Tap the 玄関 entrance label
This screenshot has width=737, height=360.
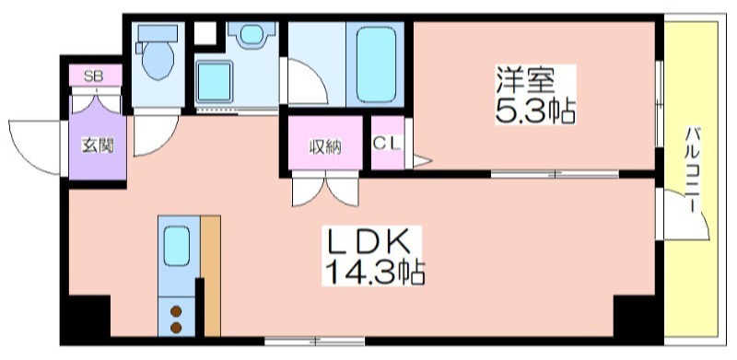[x=98, y=145]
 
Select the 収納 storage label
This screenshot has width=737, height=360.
[x=325, y=147]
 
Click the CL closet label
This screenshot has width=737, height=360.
[x=387, y=144]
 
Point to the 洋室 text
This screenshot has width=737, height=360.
[x=525, y=82]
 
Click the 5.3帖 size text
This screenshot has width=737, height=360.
[x=535, y=110]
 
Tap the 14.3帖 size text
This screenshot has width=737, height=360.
[x=375, y=272]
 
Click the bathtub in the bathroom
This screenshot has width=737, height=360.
[x=376, y=64]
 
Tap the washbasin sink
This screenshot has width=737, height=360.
[x=252, y=35]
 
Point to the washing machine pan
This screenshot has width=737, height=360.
[x=215, y=82]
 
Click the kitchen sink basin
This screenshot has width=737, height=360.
[x=177, y=245]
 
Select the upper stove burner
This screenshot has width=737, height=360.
[x=176, y=311]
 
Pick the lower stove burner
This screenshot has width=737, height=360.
[x=176, y=327]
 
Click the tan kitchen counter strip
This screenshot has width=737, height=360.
[x=211, y=275]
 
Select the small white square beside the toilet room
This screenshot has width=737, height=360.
[x=205, y=33]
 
